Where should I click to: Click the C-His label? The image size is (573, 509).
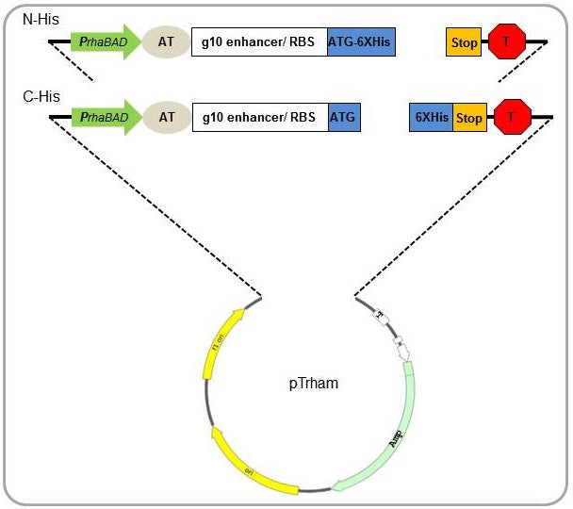tap(41, 96)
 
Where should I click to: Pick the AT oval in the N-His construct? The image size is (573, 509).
tap(167, 41)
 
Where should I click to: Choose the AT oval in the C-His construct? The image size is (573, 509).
tap(167, 118)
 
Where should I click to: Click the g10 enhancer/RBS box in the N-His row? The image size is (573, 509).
tap(259, 41)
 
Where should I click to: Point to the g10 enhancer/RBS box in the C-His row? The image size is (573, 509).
tap(259, 118)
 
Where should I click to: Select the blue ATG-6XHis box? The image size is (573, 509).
tap(361, 41)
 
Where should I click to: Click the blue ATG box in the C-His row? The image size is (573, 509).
tap(344, 118)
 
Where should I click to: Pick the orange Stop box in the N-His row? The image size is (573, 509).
tap(464, 41)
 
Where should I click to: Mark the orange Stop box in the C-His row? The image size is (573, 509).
tap(468, 119)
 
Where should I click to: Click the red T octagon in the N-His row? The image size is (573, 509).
tap(507, 41)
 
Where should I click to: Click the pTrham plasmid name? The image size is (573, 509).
tap(312, 384)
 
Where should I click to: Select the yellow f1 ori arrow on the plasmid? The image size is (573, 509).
tap(221, 343)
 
